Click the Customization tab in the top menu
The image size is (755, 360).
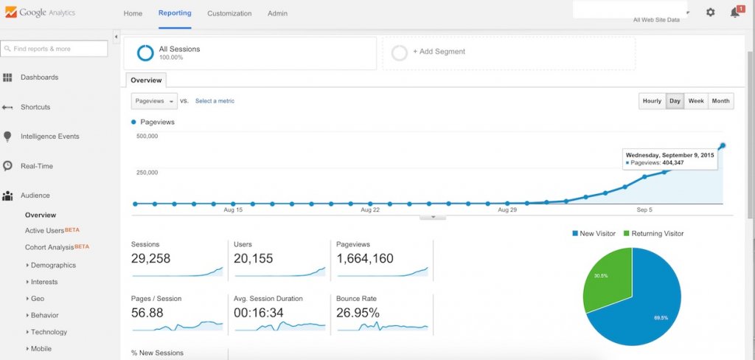pyautogui.click(x=229, y=13)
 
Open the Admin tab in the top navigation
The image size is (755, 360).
pyautogui.click(x=277, y=13)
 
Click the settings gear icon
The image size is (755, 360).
pyautogui.click(x=710, y=13)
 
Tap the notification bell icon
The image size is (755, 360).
pyautogui.click(x=734, y=13)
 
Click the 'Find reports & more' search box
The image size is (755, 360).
pyautogui.click(x=55, y=49)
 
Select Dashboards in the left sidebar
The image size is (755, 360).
pyautogui.click(x=39, y=77)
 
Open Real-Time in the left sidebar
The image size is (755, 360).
pyautogui.click(x=36, y=166)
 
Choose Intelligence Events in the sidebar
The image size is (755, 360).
pyautogui.click(x=49, y=136)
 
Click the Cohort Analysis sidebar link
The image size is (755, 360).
pyautogui.click(x=49, y=247)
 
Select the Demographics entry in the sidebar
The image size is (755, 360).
pyautogui.click(x=53, y=265)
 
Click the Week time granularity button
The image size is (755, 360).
pyautogui.click(x=696, y=101)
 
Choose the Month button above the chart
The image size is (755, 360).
pyautogui.click(x=720, y=101)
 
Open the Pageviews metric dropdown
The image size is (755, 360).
pyautogui.click(x=154, y=101)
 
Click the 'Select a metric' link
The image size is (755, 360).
pyautogui.click(x=215, y=101)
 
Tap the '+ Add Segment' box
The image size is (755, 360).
pyautogui.click(x=509, y=52)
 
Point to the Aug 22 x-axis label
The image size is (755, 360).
pyautogui.click(x=370, y=210)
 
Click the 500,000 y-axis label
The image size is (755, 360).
pyautogui.click(x=147, y=136)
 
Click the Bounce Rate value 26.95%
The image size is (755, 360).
pyautogui.click(x=358, y=313)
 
